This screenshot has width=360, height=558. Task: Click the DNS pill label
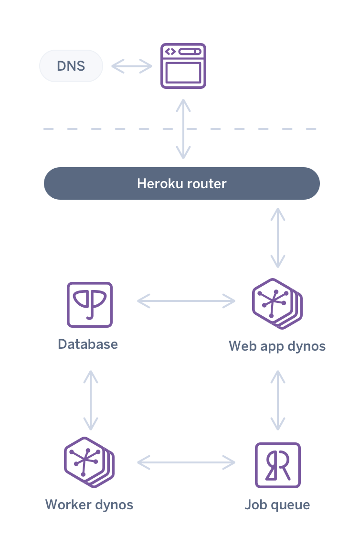point(71,66)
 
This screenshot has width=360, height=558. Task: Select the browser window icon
point(183,66)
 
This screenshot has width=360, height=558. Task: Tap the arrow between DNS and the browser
point(131,66)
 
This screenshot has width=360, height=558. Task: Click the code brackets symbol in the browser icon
point(169,52)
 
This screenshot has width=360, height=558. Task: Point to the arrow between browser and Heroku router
point(183,129)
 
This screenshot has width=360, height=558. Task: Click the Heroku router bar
point(181,183)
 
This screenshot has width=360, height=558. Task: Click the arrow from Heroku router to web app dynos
point(278,237)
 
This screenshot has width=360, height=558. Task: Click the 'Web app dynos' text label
point(277,346)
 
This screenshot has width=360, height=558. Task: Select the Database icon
point(90,304)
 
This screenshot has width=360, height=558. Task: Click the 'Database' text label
point(88,344)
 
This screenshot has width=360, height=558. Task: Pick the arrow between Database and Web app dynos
point(186,301)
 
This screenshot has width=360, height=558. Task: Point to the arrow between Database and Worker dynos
point(90,400)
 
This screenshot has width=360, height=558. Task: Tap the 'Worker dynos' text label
point(89,504)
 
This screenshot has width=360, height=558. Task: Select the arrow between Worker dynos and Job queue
point(186,462)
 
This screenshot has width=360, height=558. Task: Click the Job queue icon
point(278,465)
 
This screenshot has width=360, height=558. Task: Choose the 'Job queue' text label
point(277,505)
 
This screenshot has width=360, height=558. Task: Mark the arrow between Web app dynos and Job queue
point(278,400)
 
